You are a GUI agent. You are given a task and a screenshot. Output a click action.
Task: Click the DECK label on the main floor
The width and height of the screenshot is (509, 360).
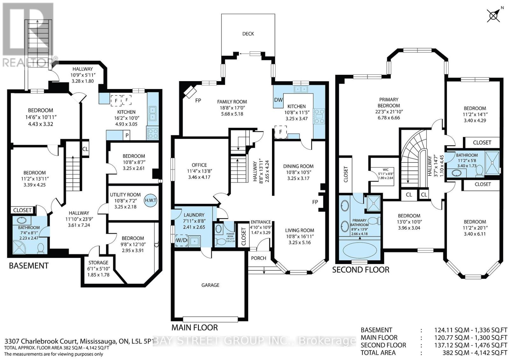point(248,34)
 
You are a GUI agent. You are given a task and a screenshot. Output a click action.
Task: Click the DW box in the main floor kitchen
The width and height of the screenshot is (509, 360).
point(278,100)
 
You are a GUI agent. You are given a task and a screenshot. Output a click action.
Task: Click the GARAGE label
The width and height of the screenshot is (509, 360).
point(210,285)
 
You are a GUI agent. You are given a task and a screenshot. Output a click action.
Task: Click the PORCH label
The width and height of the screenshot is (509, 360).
point(258,258)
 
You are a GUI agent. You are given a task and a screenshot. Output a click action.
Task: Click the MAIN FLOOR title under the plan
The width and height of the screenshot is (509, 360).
point(194,328)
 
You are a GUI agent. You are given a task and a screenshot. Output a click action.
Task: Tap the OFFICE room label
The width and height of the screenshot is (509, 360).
point(199,165)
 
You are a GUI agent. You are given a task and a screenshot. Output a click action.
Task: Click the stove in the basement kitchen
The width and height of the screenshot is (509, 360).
point(152,133)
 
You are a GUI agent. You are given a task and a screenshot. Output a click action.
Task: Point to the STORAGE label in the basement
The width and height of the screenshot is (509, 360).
point(98,263)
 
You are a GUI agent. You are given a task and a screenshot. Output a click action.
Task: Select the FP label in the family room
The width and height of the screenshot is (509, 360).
point(198,100)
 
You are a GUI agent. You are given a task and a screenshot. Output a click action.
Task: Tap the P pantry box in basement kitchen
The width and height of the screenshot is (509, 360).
point(127,135)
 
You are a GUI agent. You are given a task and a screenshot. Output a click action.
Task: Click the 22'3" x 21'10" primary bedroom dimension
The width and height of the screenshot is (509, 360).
point(389,112)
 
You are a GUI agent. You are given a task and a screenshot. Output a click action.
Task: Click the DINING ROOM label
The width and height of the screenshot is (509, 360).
point(298,166)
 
